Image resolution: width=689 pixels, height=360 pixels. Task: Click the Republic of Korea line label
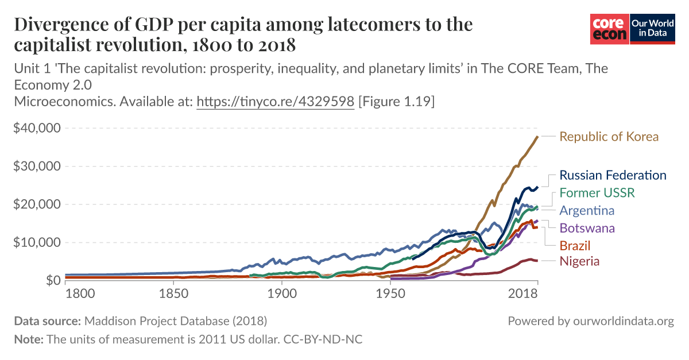click(609, 137)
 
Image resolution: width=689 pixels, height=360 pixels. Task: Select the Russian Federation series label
click(613, 175)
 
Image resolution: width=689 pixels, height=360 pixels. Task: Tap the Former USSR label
click(597, 192)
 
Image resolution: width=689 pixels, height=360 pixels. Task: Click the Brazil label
click(575, 246)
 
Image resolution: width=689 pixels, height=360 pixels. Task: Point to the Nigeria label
click(579, 261)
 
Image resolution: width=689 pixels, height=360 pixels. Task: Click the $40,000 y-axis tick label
click(37, 128)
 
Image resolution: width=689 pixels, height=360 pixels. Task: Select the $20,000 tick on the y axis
click(37, 204)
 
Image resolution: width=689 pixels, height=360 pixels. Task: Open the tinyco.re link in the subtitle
click(275, 102)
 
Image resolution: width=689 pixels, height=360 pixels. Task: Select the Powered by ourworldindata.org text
click(590, 321)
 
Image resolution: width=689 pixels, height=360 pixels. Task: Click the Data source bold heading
click(48, 321)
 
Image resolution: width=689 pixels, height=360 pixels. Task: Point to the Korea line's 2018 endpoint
click(537, 137)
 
